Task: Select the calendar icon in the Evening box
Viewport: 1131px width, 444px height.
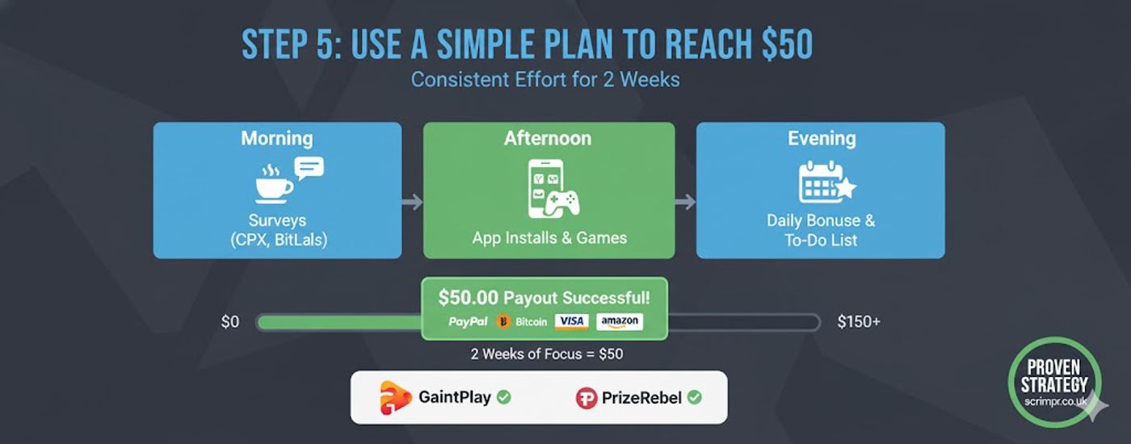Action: [820, 183]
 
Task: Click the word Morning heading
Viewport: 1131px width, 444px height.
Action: [276, 138]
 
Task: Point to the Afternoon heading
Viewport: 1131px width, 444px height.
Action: [548, 138]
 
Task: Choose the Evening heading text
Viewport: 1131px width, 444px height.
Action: [820, 138]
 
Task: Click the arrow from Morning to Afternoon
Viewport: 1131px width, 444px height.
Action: [412, 202]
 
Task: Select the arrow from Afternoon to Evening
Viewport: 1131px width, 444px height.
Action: [685, 202]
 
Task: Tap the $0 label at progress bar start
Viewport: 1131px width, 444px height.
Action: [230, 322]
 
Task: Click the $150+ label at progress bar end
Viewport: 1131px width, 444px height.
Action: [859, 322]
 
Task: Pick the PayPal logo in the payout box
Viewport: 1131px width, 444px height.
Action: [468, 321]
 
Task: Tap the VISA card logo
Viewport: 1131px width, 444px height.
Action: [571, 321]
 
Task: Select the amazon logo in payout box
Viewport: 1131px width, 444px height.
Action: [620, 321]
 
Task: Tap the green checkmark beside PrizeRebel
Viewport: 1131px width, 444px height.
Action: [694, 397]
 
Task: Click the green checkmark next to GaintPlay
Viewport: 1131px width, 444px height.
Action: [503, 397]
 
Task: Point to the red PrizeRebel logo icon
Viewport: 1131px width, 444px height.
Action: [586, 398]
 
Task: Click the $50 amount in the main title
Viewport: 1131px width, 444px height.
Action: [786, 46]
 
